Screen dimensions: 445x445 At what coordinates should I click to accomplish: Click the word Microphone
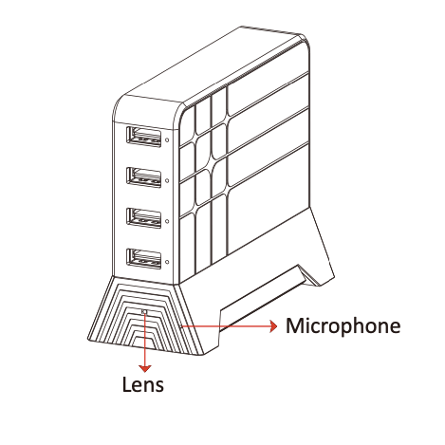coord(343,326)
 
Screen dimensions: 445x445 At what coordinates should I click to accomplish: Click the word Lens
coord(143,384)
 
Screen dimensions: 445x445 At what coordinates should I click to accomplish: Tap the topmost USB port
coord(144,137)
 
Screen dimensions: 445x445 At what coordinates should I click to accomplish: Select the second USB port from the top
coord(144,177)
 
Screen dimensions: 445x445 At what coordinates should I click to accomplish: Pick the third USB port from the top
coord(144,218)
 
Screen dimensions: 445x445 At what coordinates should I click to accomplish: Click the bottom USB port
coord(144,259)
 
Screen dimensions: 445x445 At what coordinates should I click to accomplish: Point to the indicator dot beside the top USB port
coord(167,139)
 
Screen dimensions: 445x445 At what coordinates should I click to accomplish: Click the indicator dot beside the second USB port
coord(167,180)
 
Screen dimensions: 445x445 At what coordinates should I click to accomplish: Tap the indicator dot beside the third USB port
coord(167,221)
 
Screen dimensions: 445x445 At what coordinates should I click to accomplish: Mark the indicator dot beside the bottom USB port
coord(167,262)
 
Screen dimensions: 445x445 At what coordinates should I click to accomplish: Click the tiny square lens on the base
coord(145,312)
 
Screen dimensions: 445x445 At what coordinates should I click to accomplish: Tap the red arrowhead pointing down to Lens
coord(145,369)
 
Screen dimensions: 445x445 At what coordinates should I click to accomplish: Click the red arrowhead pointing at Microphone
coord(273,326)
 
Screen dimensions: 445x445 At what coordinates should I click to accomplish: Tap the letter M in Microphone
coord(294,325)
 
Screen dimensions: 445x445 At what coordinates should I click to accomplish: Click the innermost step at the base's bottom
coord(145,344)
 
